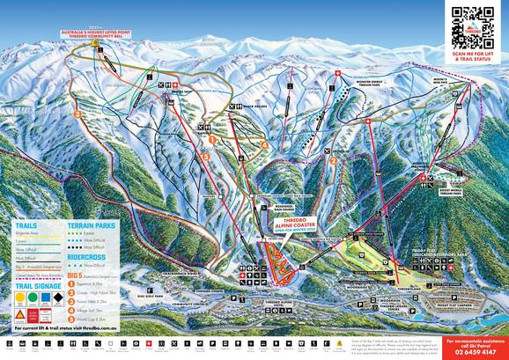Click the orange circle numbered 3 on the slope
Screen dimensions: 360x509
click(77, 113)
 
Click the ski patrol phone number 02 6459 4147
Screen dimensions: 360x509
click(474, 350)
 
